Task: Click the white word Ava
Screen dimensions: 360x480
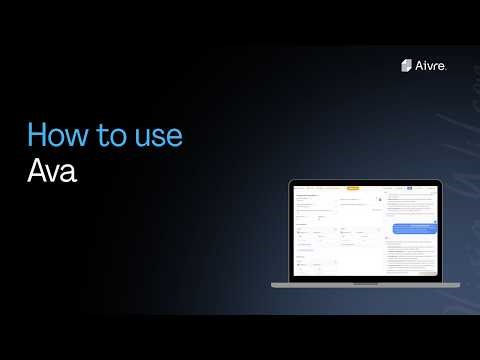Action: coord(51,169)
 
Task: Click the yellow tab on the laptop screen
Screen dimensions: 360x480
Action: coord(352,188)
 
